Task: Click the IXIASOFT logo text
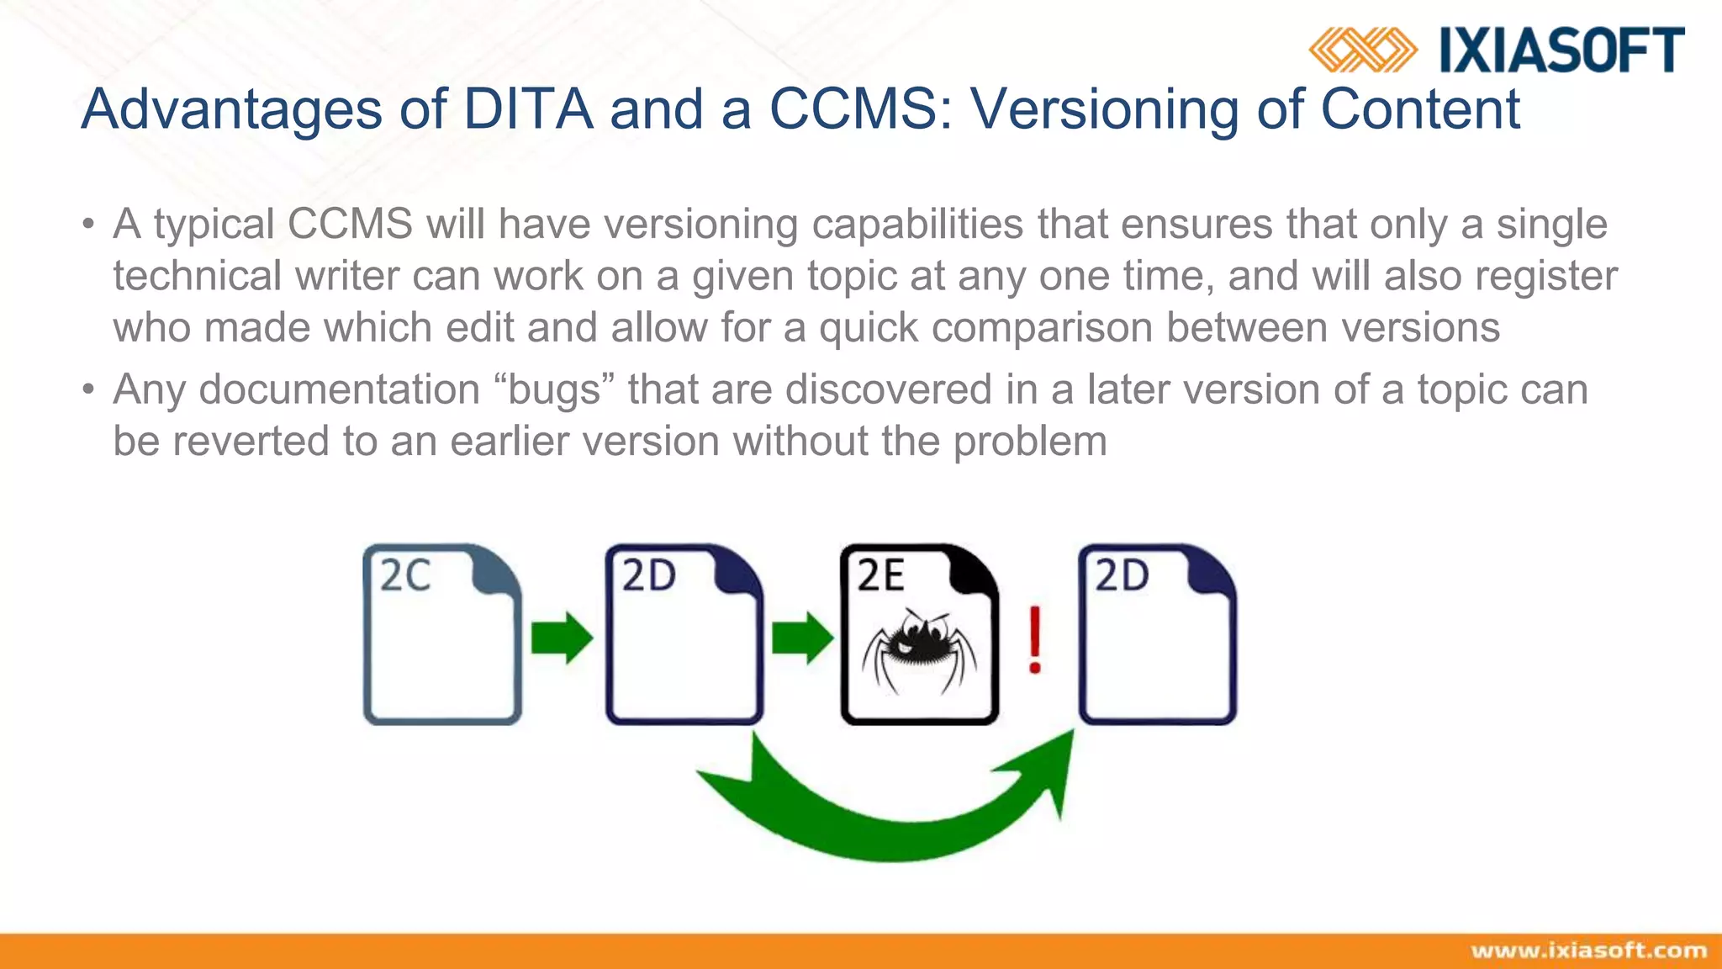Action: click(x=1561, y=50)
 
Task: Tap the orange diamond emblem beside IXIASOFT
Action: click(x=1362, y=50)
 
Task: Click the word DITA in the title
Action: click(x=528, y=109)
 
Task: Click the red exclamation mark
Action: click(x=1036, y=639)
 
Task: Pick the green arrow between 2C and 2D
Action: click(x=562, y=638)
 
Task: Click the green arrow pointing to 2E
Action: click(x=802, y=638)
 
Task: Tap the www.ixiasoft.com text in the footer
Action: click(x=1588, y=950)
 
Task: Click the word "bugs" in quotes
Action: click(x=554, y=390)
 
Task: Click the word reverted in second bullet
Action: click(x=251, y=442)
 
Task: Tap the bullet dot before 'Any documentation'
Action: click(x=88, y=390)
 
